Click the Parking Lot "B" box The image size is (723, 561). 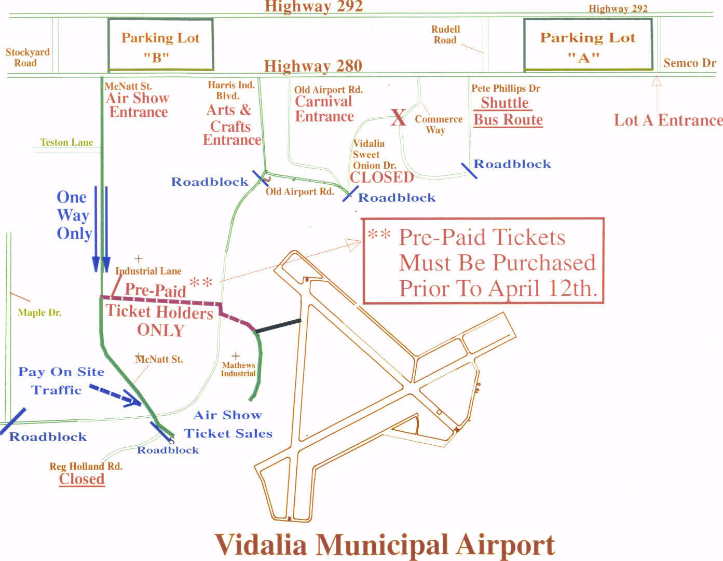pos(160,45)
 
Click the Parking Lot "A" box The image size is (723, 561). pos(588,45)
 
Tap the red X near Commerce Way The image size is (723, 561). pos(398,117)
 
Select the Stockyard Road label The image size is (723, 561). pos(27,58)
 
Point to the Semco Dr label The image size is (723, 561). pos(689,63)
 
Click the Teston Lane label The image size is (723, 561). pos(66,142)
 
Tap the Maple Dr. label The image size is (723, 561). pos(39,312)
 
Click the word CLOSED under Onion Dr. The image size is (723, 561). pos(381,177)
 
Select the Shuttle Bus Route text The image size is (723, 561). pos(508,112)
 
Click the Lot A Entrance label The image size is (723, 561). pos(668,120)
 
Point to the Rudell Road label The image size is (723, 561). pos(445,35)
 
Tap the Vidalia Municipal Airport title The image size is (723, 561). pos(385,544)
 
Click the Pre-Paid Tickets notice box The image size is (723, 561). pos(483,261)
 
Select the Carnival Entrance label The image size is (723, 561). pos(324,109)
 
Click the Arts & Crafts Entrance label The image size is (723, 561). pos(230,125)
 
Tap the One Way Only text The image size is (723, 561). pos(74,215)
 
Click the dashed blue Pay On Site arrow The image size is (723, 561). pos(115,394)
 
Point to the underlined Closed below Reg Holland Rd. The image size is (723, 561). pos(81,479)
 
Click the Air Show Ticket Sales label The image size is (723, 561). pos(228,424)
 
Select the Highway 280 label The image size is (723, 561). pos(313,66)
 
